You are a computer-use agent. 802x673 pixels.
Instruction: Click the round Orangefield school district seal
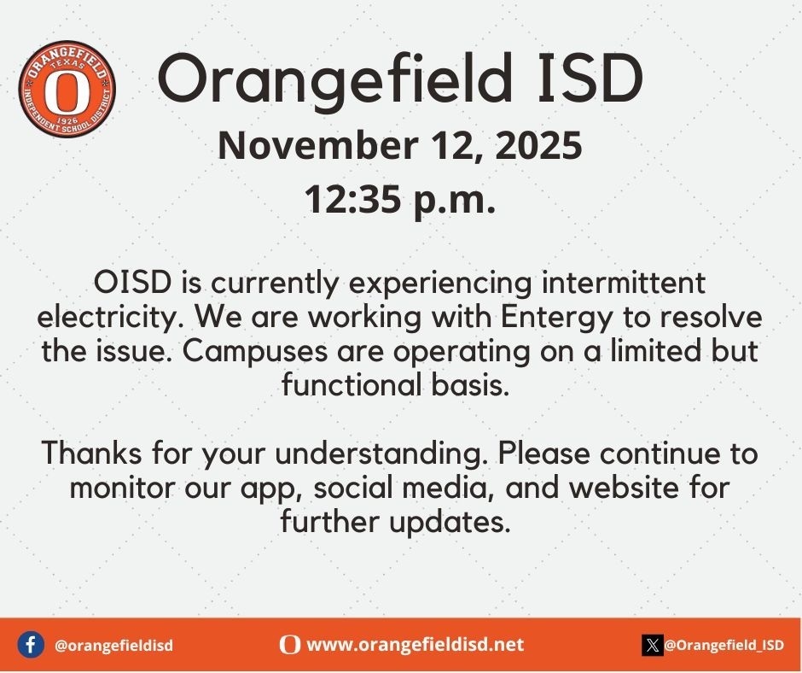[67, 89]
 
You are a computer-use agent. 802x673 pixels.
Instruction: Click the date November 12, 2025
[400, 145]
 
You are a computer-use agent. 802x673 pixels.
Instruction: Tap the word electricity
[111, 318]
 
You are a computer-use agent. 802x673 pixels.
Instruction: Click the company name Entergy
[556, 318]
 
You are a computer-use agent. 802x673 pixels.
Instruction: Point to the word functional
[356, 386]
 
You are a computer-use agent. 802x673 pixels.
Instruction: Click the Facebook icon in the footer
[31, 645]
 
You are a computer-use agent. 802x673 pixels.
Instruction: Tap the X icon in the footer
[653, 645]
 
